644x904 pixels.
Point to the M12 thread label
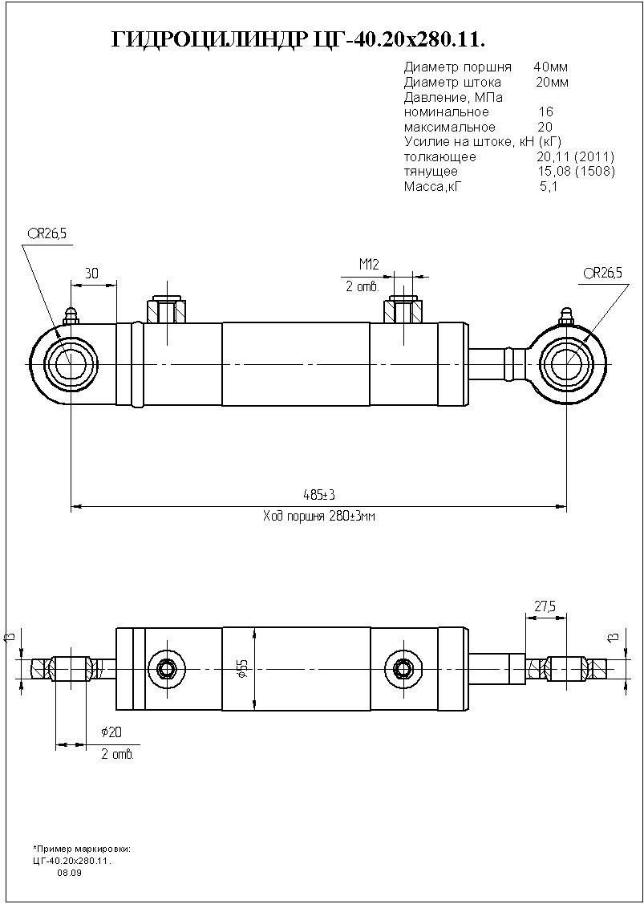tap(368, 265)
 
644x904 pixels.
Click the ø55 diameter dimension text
tap(243, 669)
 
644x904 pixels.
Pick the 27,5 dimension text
tap(545, 606)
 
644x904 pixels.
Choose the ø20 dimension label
tap(111, 732)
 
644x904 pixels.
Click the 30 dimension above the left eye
tap(91, 274)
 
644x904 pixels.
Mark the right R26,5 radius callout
tap(603, 272)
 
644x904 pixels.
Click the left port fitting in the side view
tap(167, 310)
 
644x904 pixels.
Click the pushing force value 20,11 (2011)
tap(575, 156)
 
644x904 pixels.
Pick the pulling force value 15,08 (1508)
tap(575, 171)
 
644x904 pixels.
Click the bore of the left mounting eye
tap(70, 363)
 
